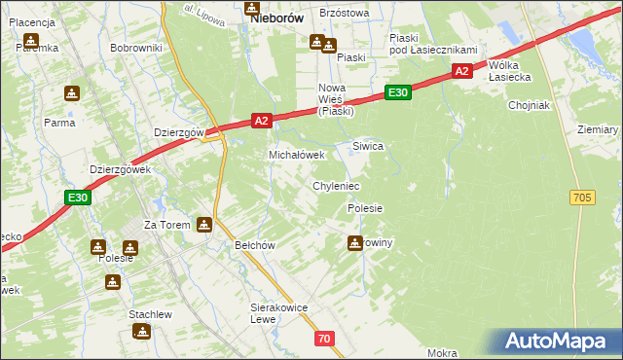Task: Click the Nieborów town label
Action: pos(277,18)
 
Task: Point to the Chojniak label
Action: pos(530,105)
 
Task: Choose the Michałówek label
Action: pos(303,155)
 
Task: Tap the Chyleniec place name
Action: pos(336,185)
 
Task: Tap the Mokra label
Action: pos(441,353)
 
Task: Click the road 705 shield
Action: pos(582,198)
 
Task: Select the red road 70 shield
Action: pos(324,338)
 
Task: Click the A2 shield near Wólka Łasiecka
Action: pos(462,71)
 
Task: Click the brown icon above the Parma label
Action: pos(71,94)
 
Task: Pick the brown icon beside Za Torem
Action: pos(203,225)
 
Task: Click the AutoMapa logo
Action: pos(560,341)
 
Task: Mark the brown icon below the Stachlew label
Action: pos(143,332)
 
